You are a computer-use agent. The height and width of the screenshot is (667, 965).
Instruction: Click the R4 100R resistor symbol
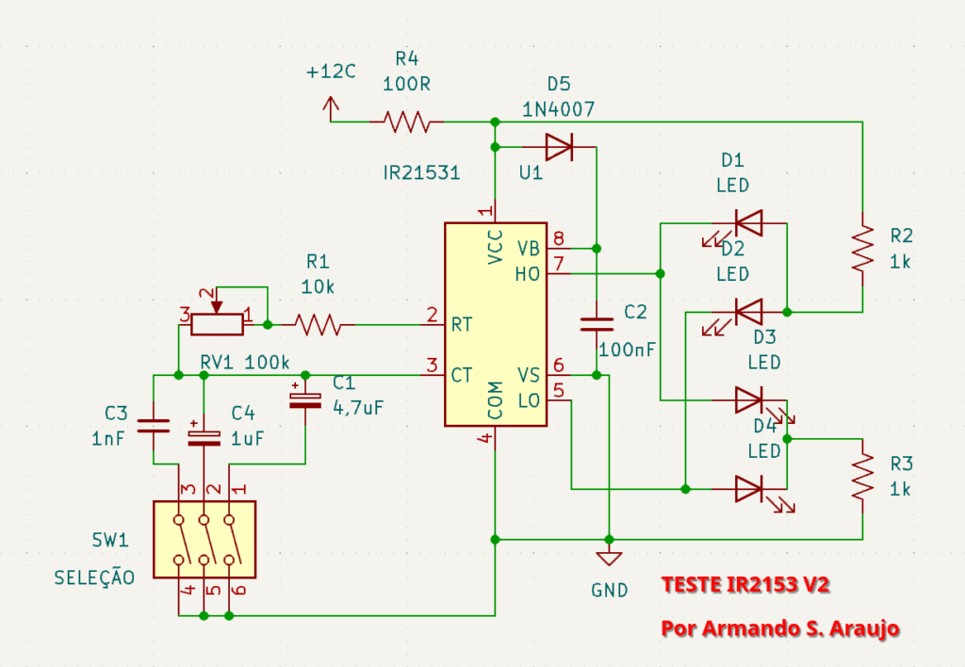click(406, 122)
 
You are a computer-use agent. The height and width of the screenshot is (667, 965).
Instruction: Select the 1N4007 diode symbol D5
click(559, 147)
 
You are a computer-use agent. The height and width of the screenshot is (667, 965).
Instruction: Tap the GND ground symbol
click(610, 558)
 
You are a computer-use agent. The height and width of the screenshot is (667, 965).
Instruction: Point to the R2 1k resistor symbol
click(861, 248)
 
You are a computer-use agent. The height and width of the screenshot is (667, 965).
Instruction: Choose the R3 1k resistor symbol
click(861, 478)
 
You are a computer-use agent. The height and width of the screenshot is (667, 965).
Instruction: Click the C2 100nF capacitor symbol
click(597, 324)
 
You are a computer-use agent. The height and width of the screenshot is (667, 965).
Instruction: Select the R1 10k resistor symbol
click(317, 324)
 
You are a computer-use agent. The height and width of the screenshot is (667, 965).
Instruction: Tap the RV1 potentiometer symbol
click(217, 322)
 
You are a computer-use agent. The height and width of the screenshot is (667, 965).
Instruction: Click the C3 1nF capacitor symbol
click(153, 426)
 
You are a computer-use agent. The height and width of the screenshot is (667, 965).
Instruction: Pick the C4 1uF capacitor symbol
click(204, 434)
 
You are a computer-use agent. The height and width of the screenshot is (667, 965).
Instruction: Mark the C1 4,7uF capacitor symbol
click(305, 399)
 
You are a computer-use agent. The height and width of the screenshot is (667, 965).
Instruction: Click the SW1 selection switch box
click(204, 540)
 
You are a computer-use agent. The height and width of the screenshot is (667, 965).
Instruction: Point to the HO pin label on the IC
click(528, 274)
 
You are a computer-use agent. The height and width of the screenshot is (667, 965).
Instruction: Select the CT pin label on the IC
click(462, 375)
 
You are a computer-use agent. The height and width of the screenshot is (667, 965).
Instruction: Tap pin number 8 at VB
click(559, 237)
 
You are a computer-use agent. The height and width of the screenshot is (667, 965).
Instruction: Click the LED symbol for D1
click(749, 223)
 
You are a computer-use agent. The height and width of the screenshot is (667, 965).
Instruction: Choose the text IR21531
click(421, 173)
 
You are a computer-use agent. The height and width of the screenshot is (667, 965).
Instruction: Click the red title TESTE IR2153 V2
click(745, 585)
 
